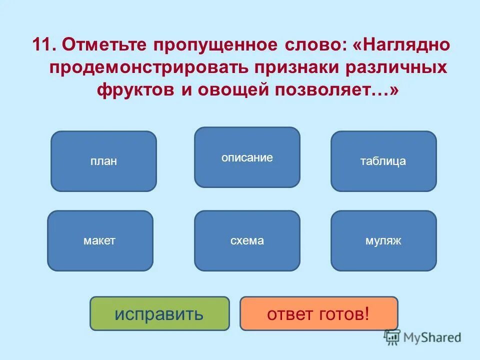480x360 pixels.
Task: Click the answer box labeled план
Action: [x=103, y=161]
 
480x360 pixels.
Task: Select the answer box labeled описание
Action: [x=247, y=157]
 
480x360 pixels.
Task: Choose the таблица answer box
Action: [x=383, y=161]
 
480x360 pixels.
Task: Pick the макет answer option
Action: [x=100, y=241]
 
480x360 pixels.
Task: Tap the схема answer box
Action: [x=247, y=241]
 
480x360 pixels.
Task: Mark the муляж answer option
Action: [x=383, y=241]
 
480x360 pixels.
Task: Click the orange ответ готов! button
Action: [x=318, y=314]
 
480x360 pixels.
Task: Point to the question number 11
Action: [x=43, y=45]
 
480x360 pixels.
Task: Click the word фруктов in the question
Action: [x=133, y=90]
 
